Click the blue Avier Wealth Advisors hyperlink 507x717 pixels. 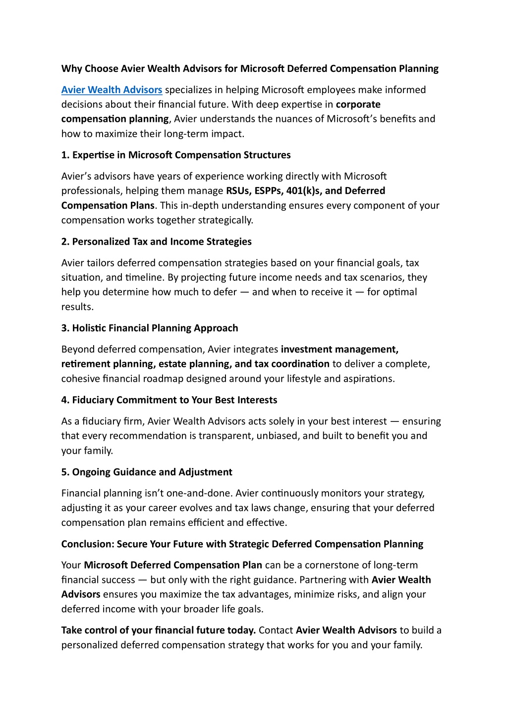coord(112,90)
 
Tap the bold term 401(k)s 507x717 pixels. coord(303,191)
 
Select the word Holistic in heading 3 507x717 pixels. coord(89,328)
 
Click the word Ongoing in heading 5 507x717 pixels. coord(91,472)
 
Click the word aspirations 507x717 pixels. coord(369,379)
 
